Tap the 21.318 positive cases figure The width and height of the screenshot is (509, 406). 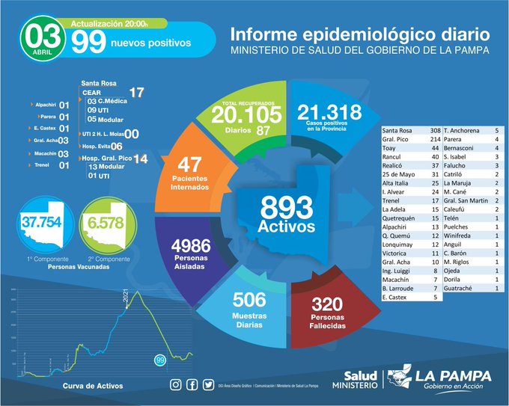(329, 113)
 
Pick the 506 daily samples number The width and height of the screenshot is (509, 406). (249, 300)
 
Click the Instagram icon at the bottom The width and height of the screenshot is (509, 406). (176, 385)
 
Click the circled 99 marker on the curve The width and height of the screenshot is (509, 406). (159, 360)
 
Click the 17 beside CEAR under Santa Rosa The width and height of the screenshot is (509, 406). (136, 92)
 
